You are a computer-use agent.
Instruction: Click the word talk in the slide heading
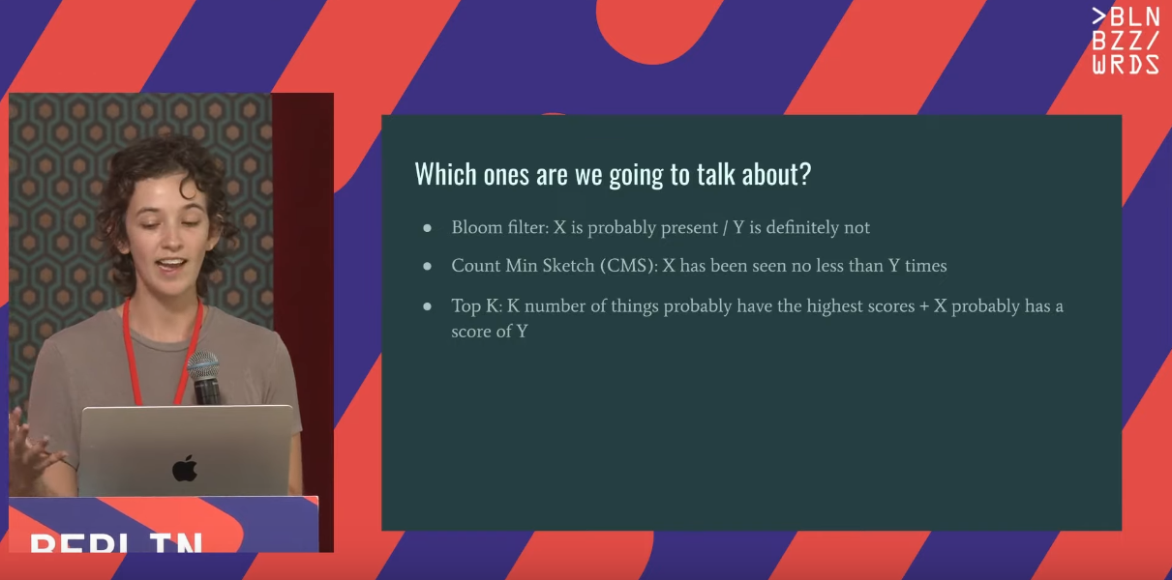(715, 174)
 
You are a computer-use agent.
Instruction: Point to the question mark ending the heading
(805, 174)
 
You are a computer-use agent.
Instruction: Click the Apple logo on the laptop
(185, 467)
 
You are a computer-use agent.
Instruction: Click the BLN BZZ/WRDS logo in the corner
(1126, 41)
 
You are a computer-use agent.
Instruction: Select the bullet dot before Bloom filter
(428, 228)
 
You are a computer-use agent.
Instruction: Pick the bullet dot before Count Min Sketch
(428, 267)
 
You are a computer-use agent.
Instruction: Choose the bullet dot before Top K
(428, 306)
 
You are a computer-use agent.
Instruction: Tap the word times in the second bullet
(925, 266)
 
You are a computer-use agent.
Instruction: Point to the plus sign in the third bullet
(924, 306)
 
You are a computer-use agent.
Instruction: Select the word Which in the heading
(445, 174)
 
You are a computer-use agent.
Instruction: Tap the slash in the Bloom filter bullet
(726, 228)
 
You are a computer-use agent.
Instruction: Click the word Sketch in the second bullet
(568, 266)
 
